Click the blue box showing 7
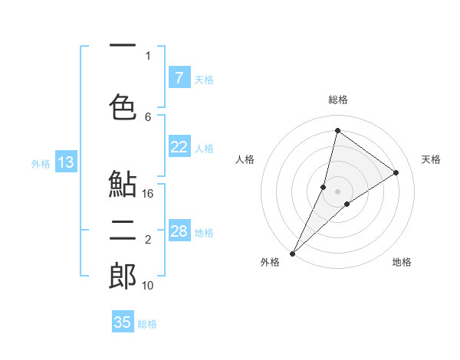click(x=179, y=77)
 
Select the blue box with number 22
click(x=179, y=147)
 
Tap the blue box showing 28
click(x=179, y=231)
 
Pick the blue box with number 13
click(x=65, y=162)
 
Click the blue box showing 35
click(x=123, y=322)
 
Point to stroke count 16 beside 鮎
click(x=149, y=194)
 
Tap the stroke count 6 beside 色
click(x=148, y=116)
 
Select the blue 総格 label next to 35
click(x=147, y=323)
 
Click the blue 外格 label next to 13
click(x=40, y=163)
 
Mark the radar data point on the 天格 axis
click(x=396, y=172)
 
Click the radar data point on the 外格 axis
click(x=292, y=253)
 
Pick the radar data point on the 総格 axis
click(x=337, y=130)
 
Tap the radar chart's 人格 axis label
click(x=245, y=159)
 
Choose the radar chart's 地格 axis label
click(x=402, y=262)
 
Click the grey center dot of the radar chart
click(x=338, y=191)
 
